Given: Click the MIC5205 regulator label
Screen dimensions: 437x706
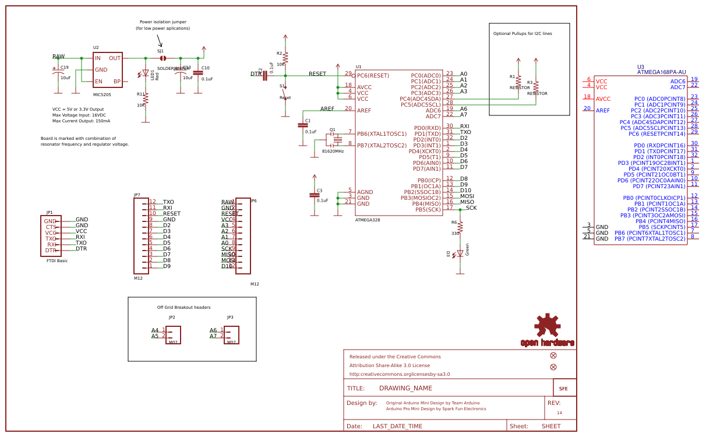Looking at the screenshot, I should pyautogui.click(x=102, y=94).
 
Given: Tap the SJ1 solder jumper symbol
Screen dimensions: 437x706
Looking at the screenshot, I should pyautogui.click(x=163, y=58).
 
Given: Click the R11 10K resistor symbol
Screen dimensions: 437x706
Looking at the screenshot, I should pyautogui.click(x=146, y=99).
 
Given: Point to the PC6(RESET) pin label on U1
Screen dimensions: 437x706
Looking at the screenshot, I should pyautogui.click(x=373, y=75).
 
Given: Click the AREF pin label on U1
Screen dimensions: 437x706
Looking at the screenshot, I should pyautogui.click(x=364, y=110).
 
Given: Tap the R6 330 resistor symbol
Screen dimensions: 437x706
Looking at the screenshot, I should pyautogui.click(x=460, y=227).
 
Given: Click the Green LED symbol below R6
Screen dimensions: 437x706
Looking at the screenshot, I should pyautogui.click(x=460, y=253).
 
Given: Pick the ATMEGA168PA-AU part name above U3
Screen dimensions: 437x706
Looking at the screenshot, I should pyautogui.click(x=661, y=72).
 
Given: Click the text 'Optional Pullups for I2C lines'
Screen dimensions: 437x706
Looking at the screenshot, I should pyautogui.click(x=523, y=34).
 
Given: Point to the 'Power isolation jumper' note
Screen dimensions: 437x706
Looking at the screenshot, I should pyautogui.click(x=163, y=22).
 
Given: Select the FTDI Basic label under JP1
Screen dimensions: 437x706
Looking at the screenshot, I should pyautogui.click(x=57, y=261).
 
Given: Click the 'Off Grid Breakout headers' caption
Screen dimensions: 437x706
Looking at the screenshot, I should pyautogui.click(x=183, y=308).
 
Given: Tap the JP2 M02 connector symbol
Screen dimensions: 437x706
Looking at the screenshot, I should pyautogui.click(x=173, y=334).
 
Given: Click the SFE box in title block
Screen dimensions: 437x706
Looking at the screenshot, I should pyautogui.click(x=564, y=388).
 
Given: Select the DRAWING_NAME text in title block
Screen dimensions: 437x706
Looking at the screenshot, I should pyautogui.click(x=405, y=388).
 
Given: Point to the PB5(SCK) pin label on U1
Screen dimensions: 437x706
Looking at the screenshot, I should pyautogui.click(x=424, y=209).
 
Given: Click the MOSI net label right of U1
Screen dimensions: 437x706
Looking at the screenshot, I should pyautogui.click(x=467, y=196).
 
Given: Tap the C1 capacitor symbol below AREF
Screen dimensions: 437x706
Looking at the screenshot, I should pyautogui.click(x=303, y=125).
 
